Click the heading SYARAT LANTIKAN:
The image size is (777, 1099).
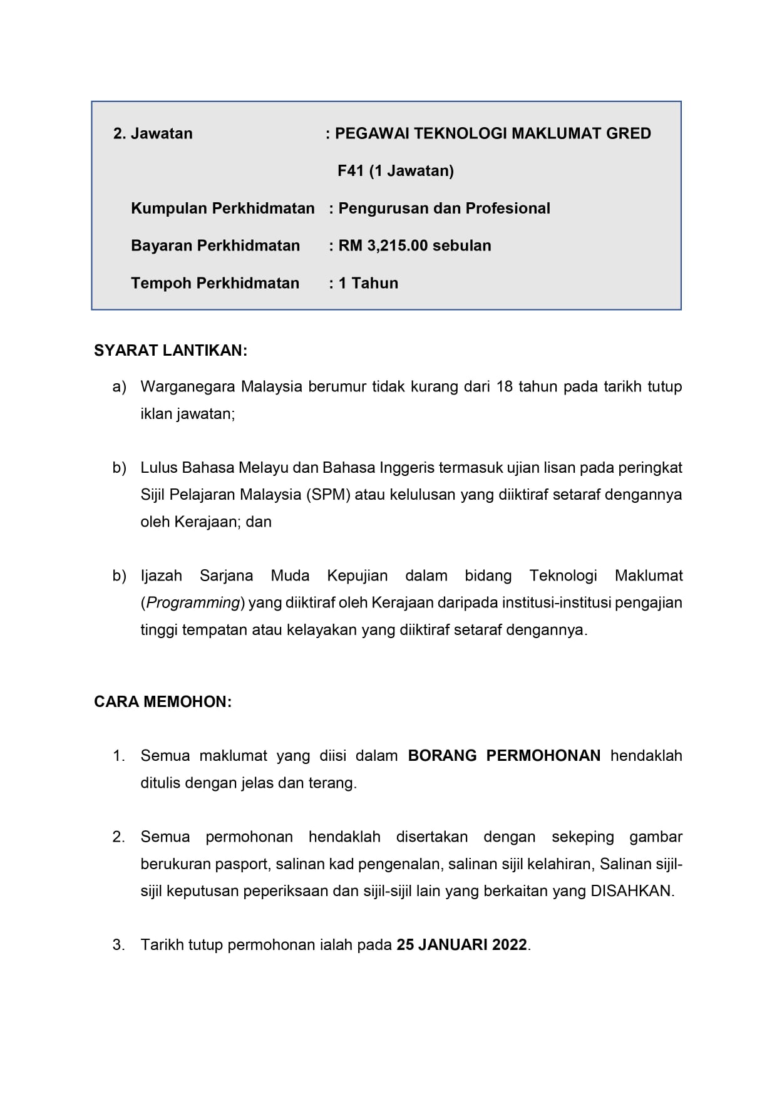tap(170, 351)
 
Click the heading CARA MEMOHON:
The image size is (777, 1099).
tap(163, 702)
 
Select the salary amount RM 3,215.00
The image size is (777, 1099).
tap(383, 245)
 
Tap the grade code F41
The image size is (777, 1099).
tap(351, 170)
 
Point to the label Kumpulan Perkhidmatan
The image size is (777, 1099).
tap(222, 209)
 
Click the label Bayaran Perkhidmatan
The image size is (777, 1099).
tap(215, 245)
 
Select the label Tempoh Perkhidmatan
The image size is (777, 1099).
tap(215, 283)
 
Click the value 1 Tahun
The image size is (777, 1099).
tap(368, 283)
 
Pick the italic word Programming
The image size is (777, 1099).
tap(193, 603)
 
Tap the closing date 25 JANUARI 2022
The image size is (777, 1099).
tap(462, 944)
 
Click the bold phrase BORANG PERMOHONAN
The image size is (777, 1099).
tap(504, 756)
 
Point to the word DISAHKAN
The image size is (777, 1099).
tap(631, 891)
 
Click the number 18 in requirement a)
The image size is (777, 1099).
tap(504, 386)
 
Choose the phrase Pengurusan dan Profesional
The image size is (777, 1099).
tap(444, 209)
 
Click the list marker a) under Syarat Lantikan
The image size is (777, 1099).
tap(119, 386)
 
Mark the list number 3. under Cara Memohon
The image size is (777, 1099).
tap(119, 944)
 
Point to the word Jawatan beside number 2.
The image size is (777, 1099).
tap(162, 133)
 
